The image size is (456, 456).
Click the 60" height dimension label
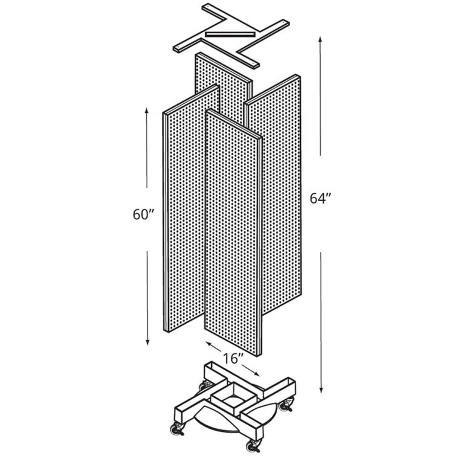point(144,214)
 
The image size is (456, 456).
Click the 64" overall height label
point(321,199)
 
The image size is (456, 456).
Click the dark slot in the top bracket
point(230,33)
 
